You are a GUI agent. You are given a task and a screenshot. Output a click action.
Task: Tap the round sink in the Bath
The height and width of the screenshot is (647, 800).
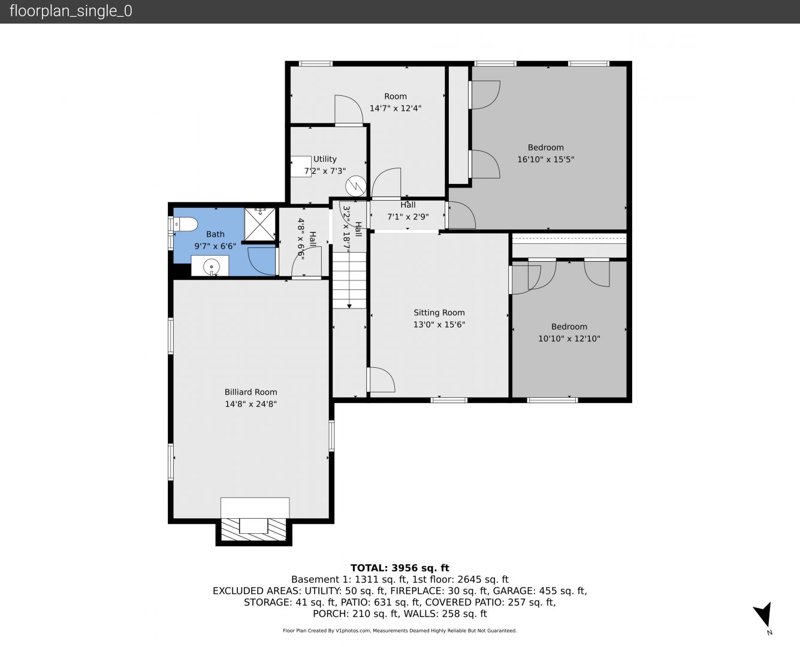(x=212, y=267)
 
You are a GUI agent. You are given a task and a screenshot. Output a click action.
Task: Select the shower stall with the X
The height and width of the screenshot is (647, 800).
(x=260, y=224)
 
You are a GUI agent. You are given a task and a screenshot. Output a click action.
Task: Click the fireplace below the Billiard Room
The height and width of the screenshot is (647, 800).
(x=253, y=530)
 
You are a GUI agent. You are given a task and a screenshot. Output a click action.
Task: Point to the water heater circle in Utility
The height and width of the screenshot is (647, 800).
(x=356, y=186)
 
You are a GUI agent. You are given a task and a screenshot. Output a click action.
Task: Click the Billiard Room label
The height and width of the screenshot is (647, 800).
(x=251, y=392)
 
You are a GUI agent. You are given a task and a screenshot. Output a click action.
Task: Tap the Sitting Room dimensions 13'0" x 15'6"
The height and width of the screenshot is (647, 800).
(x=439, y=325)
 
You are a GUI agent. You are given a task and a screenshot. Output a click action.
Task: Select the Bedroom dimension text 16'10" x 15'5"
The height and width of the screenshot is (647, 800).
(x=546, y=159)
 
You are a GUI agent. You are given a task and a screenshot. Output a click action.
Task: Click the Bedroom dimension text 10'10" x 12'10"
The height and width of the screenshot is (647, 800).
(x=569, y=338)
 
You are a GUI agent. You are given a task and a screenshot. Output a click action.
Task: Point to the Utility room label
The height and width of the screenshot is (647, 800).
(x=325, y=159)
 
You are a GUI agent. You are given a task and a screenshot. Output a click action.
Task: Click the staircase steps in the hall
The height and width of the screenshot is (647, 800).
(x=349, y=280)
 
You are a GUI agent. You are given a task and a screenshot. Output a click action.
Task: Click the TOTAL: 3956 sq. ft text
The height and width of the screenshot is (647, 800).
(x=400, y=568)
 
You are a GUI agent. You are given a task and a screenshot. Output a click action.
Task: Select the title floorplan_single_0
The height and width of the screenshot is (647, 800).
(x=71, y=11)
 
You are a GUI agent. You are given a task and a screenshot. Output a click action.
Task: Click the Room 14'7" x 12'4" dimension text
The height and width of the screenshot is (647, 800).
(x=396, y=108)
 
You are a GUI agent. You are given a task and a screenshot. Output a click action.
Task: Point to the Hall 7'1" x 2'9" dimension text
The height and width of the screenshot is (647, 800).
(x=408, y=217)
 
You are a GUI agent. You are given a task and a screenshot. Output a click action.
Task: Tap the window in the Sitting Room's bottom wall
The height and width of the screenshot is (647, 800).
(x=449, y=400)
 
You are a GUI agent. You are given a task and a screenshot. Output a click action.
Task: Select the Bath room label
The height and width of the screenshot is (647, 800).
(x=215, y=234)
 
